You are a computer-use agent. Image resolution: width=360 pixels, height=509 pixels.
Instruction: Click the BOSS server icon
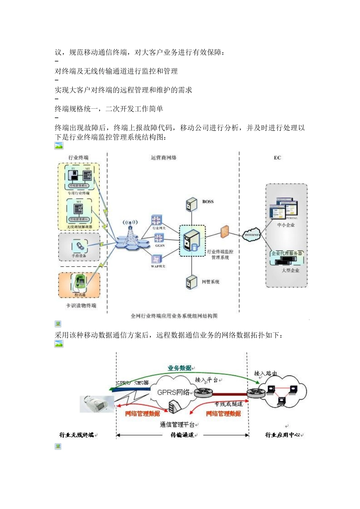191,205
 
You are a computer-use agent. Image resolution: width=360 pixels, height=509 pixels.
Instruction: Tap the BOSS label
208,202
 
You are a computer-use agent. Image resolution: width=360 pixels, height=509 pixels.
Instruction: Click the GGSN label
160,246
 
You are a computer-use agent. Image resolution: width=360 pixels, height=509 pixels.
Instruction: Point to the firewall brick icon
225,231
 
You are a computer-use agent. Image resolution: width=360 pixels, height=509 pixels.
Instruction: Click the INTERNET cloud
252,234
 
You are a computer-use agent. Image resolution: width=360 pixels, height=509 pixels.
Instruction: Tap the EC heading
277,158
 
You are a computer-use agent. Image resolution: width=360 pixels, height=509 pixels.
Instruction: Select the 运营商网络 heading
163,158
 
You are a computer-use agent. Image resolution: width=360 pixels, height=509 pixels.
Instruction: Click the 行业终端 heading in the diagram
78,158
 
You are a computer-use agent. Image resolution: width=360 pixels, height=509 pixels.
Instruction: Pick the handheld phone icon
79,247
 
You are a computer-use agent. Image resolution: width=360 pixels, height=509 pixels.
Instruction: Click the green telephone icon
80,282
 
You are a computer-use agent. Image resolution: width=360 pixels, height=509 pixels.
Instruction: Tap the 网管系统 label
211,282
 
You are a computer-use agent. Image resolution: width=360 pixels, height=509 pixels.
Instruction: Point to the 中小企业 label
286,225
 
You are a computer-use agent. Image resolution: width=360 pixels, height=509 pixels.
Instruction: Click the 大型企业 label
290,270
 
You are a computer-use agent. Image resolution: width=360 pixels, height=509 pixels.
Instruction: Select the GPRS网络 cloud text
173,392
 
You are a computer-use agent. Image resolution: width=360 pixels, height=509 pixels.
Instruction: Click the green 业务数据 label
180,368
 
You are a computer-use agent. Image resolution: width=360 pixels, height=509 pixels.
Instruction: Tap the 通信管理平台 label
177,425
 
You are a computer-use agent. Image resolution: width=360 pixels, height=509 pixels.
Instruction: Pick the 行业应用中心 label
283,435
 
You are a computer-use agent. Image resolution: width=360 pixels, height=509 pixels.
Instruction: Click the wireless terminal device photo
97,404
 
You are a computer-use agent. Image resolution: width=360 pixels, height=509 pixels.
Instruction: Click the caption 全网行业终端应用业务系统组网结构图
174,316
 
